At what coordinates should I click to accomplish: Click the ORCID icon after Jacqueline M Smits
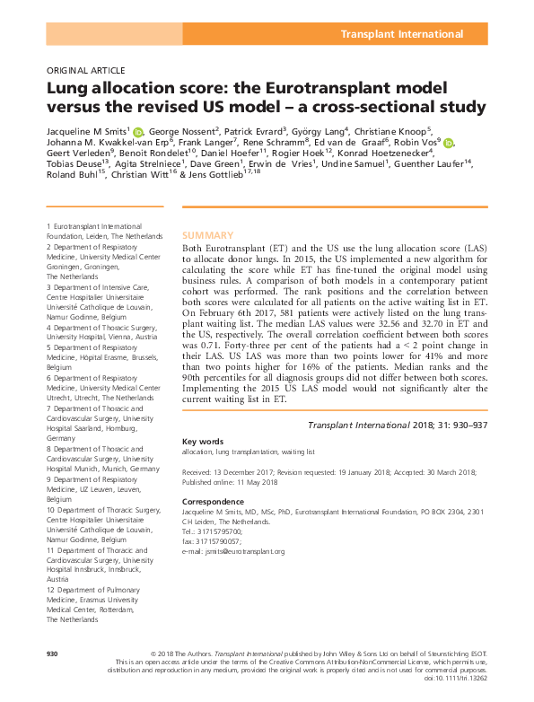point(137,133)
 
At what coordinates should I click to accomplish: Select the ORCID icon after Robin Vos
point(448,145)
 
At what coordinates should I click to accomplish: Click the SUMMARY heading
point(208,234)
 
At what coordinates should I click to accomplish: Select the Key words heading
point(202,442)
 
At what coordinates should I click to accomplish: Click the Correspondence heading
point(213,500)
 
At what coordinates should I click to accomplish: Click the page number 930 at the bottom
point(51,653)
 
